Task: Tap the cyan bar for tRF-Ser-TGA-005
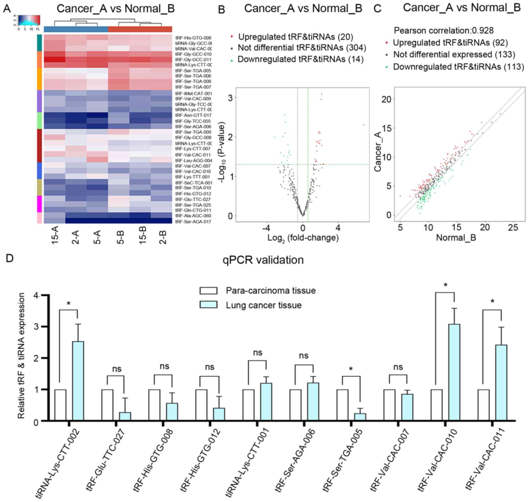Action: tap(360, 417)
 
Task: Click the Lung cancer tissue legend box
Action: tap(208, 305)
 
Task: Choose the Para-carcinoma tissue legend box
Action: tap(208, 291)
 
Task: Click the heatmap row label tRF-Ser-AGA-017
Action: tap(193, 222)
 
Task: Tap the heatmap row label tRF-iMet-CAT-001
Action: tap(193, 94)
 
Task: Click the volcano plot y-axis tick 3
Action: tap(230, 98)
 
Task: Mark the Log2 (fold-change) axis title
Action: tap(303, 238)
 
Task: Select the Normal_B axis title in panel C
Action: tap(456, 237)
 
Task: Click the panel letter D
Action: tap(9, 258)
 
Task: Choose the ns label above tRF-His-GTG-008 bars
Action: tap(164, 367)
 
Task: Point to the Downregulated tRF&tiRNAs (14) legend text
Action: tap(300, 59)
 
